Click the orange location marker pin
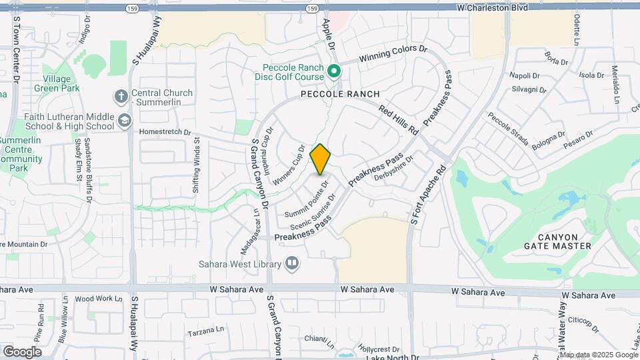321,159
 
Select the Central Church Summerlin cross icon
121,97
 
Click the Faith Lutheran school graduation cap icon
124,120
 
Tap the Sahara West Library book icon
291,264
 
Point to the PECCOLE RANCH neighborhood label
340,94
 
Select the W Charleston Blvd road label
493,7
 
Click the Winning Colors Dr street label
393,54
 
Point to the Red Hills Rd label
398,118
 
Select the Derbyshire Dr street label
394,169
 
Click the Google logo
22,351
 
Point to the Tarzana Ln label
205,331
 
